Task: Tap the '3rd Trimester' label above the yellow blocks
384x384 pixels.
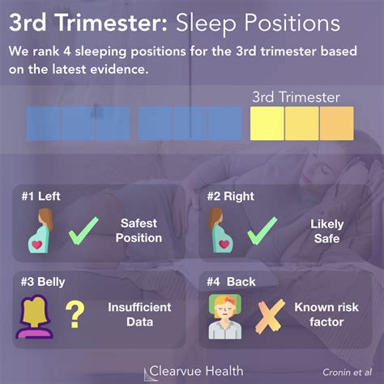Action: point(302,98)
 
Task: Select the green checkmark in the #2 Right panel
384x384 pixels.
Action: point(262,230)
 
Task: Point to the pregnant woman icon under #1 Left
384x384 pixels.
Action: point(41,231)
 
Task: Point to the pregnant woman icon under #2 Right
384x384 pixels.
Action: point(217,231)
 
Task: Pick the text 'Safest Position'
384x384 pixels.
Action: point(139,231)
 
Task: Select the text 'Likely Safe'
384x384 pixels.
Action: point(326,231)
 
